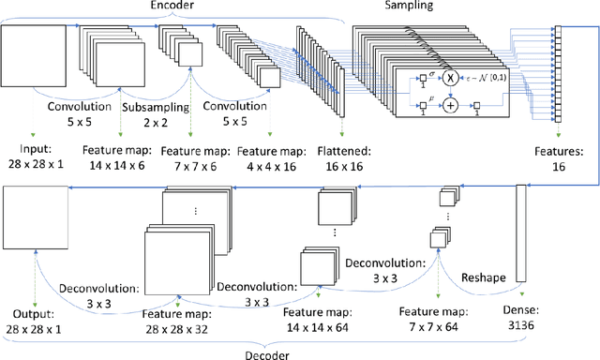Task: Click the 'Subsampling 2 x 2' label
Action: point(155,114)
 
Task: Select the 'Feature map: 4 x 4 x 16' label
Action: point(270,156)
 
